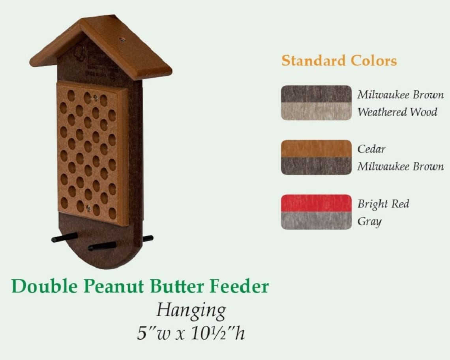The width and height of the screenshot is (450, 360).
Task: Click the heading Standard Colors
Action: point(339,61)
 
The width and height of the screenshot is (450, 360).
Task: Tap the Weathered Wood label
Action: point(397,112)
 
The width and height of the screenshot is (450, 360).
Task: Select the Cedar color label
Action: point(371,149)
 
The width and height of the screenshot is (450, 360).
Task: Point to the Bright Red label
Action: point(383,204)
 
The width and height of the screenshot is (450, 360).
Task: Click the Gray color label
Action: point(369,221)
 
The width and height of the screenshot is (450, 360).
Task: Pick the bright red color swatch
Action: point(316,203)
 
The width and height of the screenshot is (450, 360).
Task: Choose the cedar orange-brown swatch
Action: point(316,148)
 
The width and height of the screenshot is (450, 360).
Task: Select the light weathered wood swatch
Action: point(316,111)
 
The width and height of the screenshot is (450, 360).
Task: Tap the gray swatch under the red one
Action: point(316,220)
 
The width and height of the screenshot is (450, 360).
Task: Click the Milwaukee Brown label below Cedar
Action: point(400,166)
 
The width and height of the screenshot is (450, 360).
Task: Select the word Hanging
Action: point(191,310)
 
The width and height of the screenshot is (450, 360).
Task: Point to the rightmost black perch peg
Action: point(148,238)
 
